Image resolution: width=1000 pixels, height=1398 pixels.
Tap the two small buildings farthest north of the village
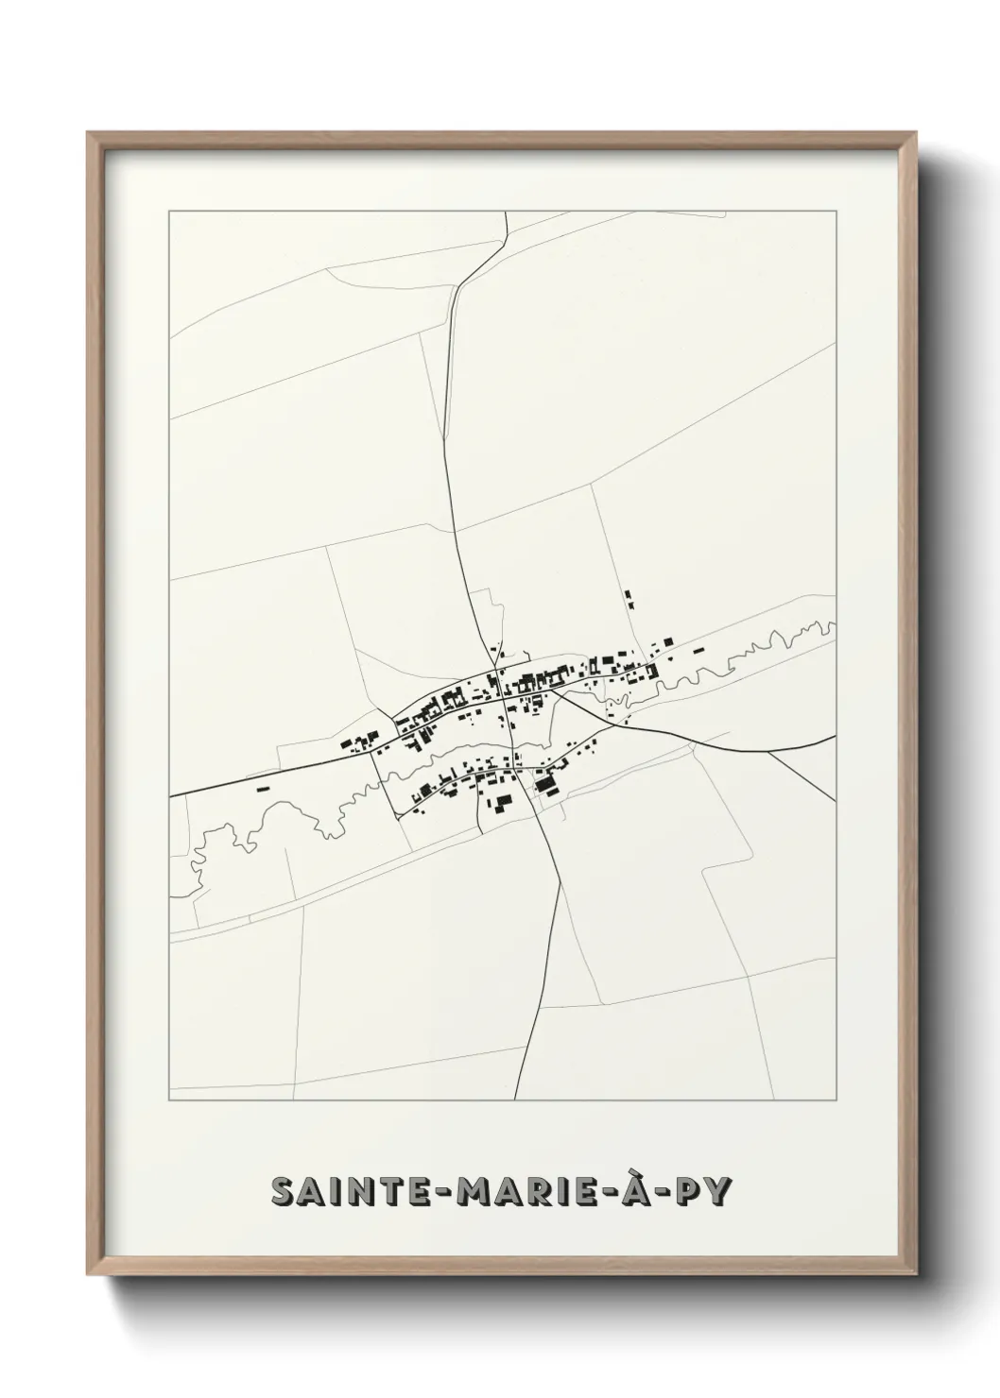point(629,599)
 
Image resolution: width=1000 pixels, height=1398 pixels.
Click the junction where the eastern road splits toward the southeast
point(767,753)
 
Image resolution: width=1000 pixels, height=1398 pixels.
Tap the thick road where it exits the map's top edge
point(508,213)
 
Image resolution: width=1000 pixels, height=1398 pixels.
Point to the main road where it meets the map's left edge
point(171,797)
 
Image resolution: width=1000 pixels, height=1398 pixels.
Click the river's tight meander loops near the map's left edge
point(203,850)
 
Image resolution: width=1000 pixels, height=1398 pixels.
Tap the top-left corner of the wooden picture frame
point(90,134)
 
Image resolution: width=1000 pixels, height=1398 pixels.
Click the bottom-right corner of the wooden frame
point(915,1267)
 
